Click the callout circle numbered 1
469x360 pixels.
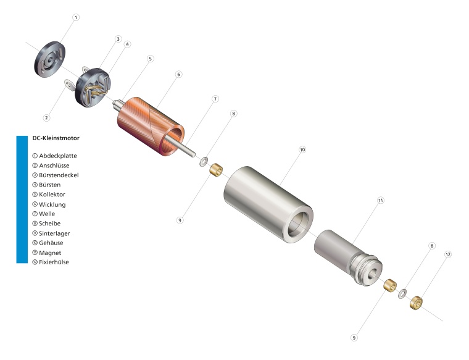coord(76,18)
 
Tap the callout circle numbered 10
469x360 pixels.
coord(302,149)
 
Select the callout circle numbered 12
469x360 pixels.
coord(448,254)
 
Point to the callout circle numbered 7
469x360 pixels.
coord(215,99)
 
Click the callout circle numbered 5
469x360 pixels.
coord(150,59)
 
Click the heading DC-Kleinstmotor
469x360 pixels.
coord(56,138)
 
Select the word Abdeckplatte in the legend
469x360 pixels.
coord(58,156)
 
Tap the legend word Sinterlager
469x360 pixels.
coord(54,233)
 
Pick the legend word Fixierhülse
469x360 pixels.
coord(54,262)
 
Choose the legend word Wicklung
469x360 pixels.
coord(52,204)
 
